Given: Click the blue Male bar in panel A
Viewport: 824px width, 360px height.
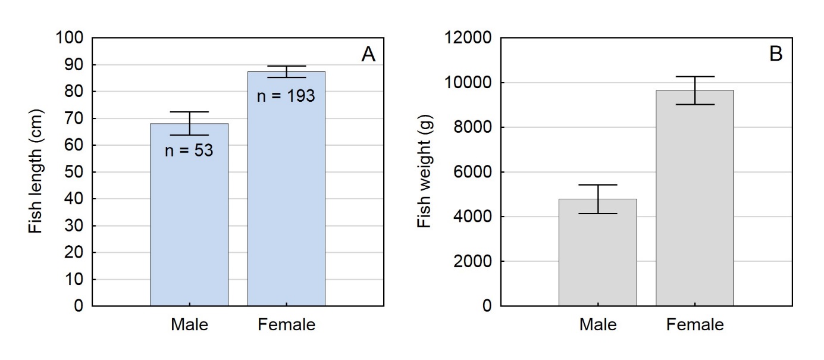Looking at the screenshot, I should click(x=189, y=226).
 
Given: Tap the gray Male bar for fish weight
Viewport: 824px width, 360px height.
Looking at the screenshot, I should click(x=597, y=256).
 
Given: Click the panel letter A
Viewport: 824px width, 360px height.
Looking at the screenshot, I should click(x=368, y=55).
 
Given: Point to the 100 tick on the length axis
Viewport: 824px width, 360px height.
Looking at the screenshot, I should click(x=71, y=38).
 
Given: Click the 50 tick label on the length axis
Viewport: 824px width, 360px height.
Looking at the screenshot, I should click(x=76, y=172).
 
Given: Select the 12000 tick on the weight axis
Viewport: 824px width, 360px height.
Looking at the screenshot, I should click(x=466, y=38).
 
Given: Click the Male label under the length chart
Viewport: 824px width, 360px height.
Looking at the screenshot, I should click(x=189, y=325).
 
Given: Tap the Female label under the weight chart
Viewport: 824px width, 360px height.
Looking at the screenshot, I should click(x=695, y=325).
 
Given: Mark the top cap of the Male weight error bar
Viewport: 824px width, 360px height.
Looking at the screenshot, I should click(x=597, y=185).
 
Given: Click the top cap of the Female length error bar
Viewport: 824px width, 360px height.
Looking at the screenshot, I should click(x=286, y=66).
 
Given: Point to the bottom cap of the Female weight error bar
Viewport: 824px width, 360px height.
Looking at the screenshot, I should click(x=695, y=105).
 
